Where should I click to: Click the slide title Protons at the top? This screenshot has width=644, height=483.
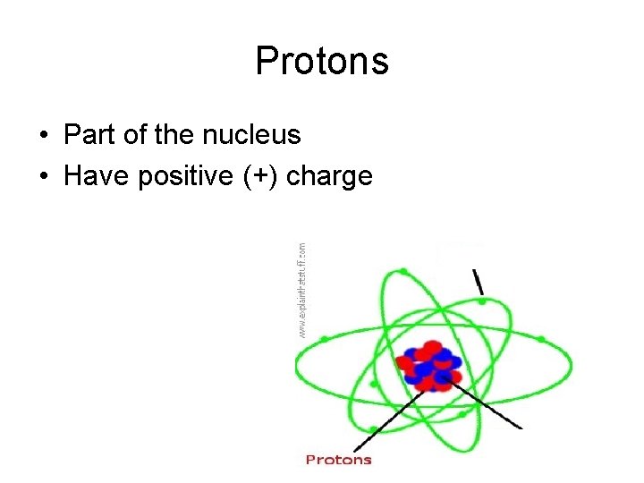321,62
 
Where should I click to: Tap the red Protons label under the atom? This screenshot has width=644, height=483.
338,460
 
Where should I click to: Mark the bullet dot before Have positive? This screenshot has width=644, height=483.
44,177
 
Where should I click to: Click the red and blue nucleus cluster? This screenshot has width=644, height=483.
429,365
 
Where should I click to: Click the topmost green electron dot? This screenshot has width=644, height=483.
404,271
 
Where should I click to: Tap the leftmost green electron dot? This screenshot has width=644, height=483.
324,339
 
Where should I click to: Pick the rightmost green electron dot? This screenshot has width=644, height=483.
541,339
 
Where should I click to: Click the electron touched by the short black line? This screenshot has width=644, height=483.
483,301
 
